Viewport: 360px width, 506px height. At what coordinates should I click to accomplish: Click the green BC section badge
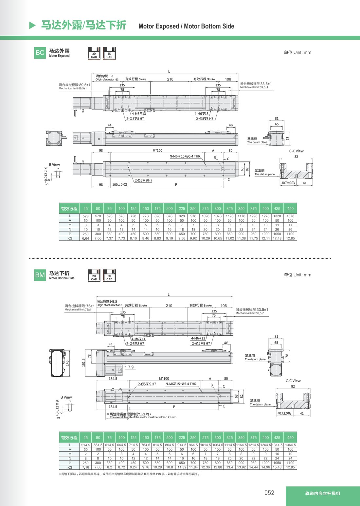40,53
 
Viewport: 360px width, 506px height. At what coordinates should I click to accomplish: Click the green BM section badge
40,275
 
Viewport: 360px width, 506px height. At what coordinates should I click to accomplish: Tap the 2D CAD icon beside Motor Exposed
94,53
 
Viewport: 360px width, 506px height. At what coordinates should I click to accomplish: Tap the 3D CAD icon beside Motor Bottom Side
109,275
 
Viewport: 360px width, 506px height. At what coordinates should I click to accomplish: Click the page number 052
269,493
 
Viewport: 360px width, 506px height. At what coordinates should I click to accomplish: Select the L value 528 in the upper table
85,216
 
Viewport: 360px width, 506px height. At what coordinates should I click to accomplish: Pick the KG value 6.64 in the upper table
85,238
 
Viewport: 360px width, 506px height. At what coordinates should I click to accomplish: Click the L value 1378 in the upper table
290,216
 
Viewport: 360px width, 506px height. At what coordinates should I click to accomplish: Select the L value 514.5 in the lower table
85,445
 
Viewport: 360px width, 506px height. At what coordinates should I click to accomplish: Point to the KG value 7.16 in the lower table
85,467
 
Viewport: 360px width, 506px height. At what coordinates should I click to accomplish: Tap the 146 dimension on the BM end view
67,363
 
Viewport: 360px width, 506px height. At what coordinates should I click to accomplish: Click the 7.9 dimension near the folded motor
131,367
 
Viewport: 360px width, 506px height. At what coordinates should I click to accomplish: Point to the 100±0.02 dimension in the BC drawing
120,185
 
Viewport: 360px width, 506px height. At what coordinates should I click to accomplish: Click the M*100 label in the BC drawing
157,150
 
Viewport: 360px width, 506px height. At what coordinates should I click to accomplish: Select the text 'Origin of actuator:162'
107,80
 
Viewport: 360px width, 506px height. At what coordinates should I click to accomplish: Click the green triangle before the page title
32,25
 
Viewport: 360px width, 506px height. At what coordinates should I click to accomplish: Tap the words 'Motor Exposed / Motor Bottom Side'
186,26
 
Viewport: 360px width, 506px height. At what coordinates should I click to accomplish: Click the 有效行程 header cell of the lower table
69,438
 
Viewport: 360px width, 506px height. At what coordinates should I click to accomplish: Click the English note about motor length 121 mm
143,417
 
